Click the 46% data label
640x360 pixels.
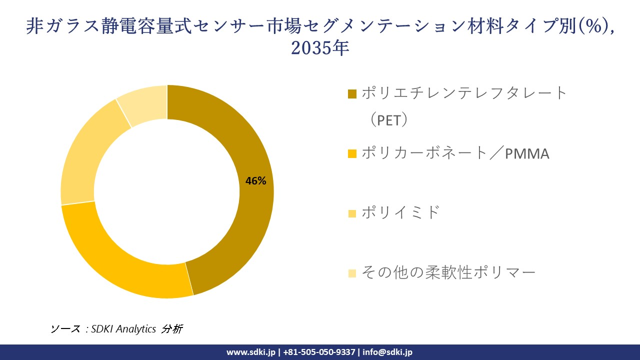[x=255, y=181]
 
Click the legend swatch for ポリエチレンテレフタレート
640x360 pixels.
[x=352, y=93]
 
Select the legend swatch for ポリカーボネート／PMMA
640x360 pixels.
[x=352, y=153]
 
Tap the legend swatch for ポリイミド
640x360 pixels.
[x=352, y=213]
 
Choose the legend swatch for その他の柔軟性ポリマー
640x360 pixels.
[x=352, y=273]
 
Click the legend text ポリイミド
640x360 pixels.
[x=400, y=212]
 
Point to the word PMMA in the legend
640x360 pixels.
[x=527, y=153]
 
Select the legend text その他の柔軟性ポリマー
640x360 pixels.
[x=448, y=272]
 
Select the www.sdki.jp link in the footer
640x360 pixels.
[x=250, y=352]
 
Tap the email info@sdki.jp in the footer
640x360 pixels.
[x=387, y=352]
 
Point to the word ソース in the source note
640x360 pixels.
[x=65, y=329]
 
